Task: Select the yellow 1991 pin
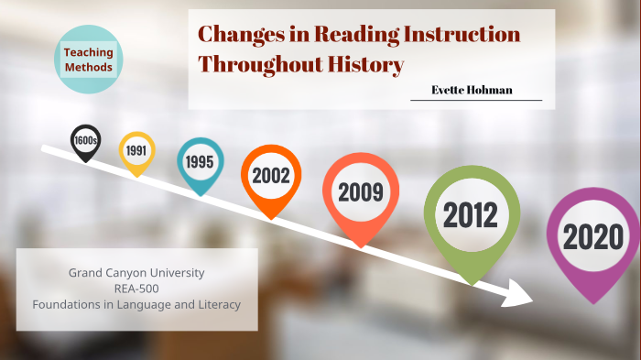137,149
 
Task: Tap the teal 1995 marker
200,161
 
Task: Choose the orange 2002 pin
271,175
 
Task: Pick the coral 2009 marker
360,192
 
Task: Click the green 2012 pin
471,215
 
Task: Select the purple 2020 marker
592,238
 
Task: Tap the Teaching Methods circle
89,60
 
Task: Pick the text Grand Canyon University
136,273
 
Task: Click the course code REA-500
136,289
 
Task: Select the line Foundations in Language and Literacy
136,304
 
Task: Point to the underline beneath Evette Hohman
475,100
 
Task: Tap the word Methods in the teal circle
89,68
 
